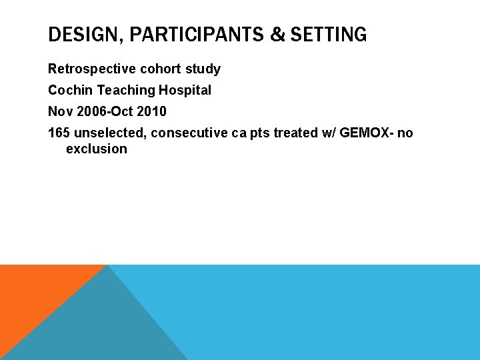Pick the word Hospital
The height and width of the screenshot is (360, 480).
click(185, 90)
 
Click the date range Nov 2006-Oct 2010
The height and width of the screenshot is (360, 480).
click(107, 111)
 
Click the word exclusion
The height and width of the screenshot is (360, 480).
click(97, 149)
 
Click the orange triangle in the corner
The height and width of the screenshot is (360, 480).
click(33, 293)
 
